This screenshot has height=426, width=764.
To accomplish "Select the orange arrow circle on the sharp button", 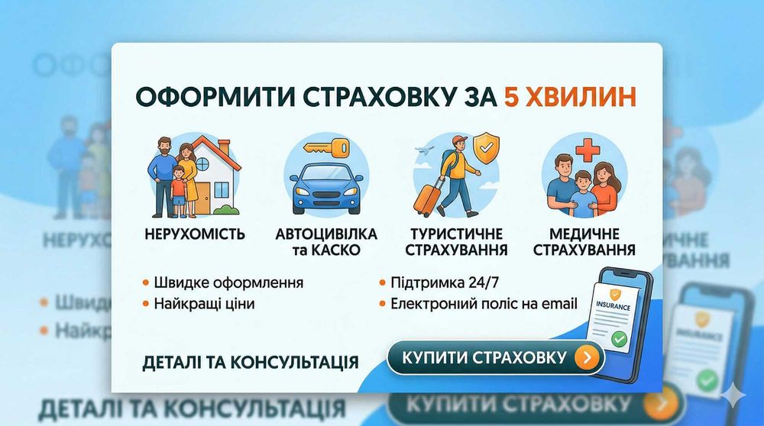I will point(586,357).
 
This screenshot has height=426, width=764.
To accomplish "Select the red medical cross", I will point(587,150).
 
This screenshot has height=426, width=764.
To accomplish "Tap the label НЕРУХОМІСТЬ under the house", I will point(195,234).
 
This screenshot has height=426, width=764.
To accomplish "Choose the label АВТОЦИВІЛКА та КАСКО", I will point(325,241).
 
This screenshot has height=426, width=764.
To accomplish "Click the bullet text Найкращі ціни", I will point(204,303).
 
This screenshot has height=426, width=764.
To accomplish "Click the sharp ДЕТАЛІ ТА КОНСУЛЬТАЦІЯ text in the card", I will point(251,360).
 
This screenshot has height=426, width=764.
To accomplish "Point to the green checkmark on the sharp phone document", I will point(620,337).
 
